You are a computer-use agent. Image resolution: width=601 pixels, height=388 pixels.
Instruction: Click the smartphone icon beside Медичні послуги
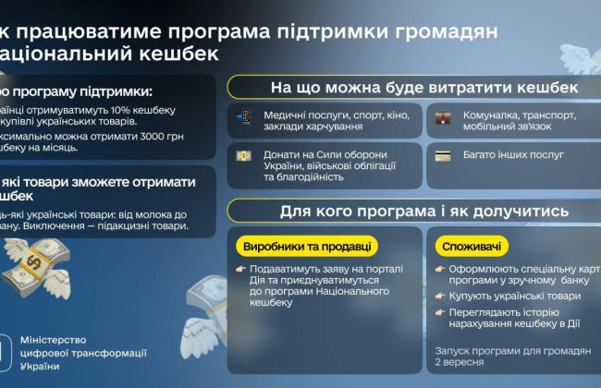pyautogui.click(x=244, y=116)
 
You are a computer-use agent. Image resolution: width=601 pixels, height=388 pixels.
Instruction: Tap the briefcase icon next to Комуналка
pyautogui.click(x=444, y=116)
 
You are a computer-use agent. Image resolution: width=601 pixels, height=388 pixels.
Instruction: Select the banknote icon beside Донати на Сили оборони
pyautogui.click(x=244, y=155)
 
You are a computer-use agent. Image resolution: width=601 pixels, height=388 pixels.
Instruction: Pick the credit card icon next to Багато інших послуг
pyautogui.click(x=444, y=155)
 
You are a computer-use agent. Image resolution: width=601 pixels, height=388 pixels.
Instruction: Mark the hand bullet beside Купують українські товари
pyautogui.click(x=442, y=296)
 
